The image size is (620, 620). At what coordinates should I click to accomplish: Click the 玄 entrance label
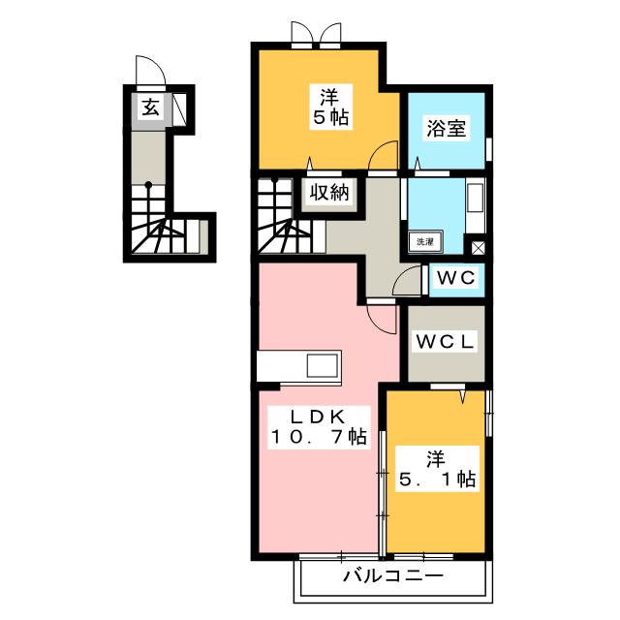(x=151, y=108)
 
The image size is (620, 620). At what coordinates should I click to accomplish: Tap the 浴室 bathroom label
(x=445, y=127)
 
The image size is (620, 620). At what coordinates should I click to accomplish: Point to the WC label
(x=454, y=278)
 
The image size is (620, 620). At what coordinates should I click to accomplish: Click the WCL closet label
(x=445, y=341)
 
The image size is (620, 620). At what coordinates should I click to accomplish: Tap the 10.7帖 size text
(x=319, y=437)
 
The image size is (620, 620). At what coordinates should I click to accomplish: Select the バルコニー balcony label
(x=392, y=578)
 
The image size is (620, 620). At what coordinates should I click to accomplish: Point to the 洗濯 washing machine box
(x=424, y=240)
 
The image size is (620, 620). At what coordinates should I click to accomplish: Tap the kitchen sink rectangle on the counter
(x=322, y=367)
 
